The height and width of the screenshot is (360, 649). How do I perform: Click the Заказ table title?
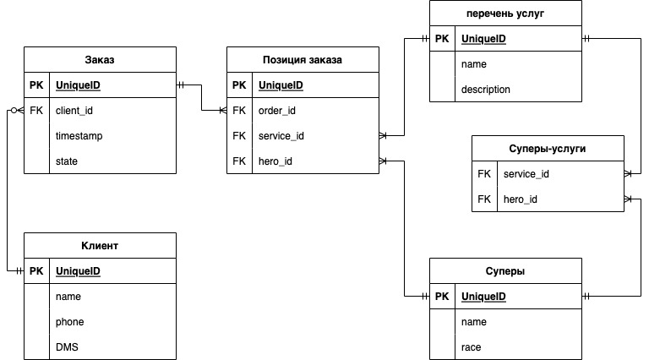(99, 60)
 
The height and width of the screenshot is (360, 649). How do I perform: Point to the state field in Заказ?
(67, 161)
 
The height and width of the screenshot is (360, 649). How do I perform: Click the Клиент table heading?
(99, 246)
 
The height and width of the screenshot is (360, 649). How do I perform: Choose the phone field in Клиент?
(69, 322)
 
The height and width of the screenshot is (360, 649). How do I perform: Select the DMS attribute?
(67, 347)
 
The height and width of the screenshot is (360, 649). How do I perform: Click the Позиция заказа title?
(303, 60)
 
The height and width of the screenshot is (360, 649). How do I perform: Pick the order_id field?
(277, 111)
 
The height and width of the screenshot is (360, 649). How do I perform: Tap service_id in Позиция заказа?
(281, 136)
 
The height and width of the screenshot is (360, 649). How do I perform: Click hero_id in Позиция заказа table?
(275, 161)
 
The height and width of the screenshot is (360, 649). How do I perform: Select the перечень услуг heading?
(505, 14)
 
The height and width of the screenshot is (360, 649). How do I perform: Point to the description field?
(486, 90)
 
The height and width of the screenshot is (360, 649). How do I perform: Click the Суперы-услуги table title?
(548, 149)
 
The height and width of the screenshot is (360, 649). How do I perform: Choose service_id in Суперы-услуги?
(526, 174)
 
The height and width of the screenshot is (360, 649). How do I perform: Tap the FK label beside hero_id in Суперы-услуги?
(483, 199)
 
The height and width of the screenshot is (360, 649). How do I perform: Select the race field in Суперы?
(471, 347)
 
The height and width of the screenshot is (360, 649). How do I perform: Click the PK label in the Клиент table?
(36, 271)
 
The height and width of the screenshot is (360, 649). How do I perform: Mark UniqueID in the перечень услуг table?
(483, 39)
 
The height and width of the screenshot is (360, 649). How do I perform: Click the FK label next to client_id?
(36, 111)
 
